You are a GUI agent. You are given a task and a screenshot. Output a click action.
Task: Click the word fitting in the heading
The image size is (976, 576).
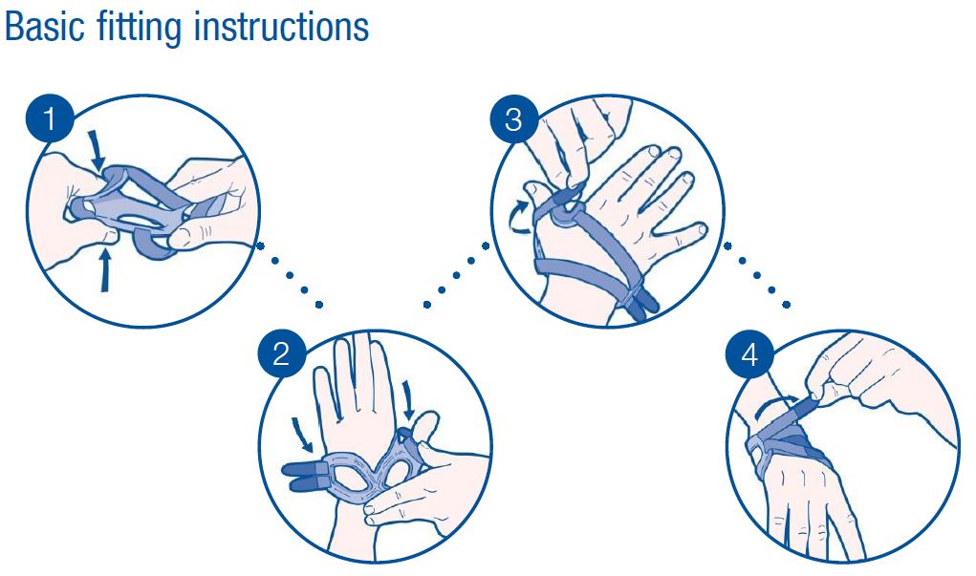point(141,29)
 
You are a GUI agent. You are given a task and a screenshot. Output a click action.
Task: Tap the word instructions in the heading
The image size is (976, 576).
point(281,27)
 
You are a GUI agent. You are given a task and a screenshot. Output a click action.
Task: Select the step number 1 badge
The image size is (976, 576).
point(50,118)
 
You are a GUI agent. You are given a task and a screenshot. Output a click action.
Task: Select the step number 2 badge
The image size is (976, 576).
point(281,354)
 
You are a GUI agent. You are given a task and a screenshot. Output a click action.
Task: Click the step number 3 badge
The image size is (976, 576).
point(513,118)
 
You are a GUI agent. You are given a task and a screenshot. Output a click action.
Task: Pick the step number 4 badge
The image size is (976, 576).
point(749,354)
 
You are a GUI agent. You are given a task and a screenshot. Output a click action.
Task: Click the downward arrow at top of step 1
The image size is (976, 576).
point(96,149)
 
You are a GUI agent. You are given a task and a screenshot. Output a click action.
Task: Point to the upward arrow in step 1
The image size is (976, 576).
point(105,268)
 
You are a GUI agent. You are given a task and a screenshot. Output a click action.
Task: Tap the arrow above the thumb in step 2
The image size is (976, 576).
point(408,400)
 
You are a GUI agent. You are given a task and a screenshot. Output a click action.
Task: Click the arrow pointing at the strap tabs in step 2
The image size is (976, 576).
point(304,434)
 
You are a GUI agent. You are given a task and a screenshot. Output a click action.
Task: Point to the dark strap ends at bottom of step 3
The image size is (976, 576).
point(643,304)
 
